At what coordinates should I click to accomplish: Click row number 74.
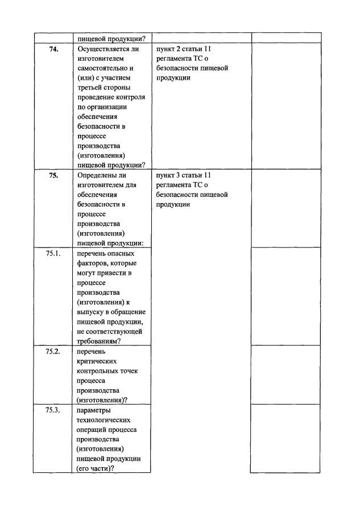tap(53, 49)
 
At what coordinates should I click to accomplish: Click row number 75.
tap(53, 175)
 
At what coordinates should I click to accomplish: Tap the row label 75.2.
tap(53, 351)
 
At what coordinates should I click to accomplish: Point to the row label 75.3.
tap(53, 410)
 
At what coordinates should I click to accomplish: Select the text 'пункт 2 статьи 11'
tap(183, 49)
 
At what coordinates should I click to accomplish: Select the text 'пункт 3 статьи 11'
tap(183, 175)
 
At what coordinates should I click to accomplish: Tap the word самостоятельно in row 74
tap(104, 68)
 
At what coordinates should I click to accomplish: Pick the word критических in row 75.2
tap(96, 361)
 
